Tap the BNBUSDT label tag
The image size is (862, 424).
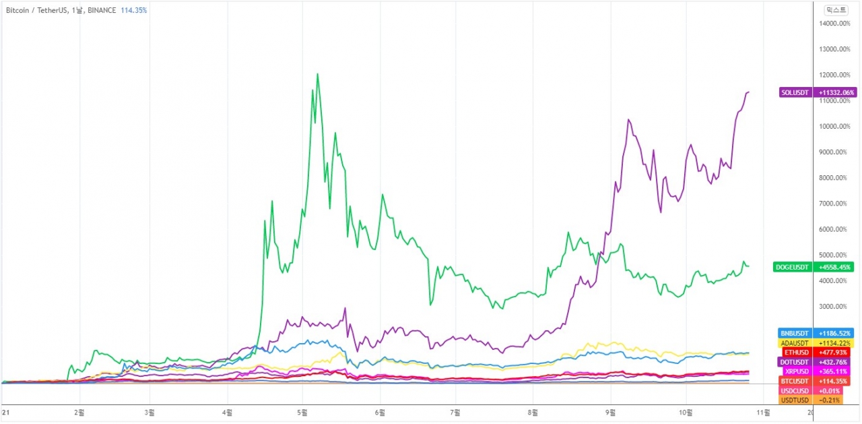pyautogui.click(x=795, y=333)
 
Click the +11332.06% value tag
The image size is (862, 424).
pyautogui.click(x=836, y=92)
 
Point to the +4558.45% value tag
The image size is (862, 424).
pyautogui.click(x=836, y=267)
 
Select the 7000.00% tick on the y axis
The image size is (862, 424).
pyautogui.click(x=836, y=204)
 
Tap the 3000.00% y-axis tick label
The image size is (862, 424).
pyautogui.click(x=836, y=307)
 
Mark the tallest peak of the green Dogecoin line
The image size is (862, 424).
pyautogui.click(x=317, y=74)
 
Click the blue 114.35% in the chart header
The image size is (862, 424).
pyautogui.click(x=133, y=10)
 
